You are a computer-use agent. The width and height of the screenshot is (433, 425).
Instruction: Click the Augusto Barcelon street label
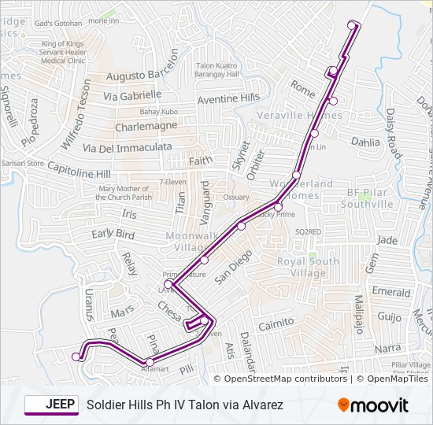(x=142, y=76)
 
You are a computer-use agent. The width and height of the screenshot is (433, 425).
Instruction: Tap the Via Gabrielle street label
(x=132, y=95)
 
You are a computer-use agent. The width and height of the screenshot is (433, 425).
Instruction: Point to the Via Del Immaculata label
(x=127, y=147)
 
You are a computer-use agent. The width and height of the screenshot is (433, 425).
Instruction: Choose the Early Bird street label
(x=113, y=234)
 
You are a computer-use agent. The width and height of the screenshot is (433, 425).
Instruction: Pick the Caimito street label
(x=276, y=323)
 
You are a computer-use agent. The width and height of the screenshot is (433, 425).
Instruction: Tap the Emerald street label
(x=391, y=291)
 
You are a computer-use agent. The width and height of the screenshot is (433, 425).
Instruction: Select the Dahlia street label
(x=365, y=142)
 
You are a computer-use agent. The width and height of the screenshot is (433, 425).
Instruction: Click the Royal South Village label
(x=309, y=268)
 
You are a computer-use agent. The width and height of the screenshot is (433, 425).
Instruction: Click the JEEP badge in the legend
(x=51, y=405)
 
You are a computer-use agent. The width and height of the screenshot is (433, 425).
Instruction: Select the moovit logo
(x=373, y=405)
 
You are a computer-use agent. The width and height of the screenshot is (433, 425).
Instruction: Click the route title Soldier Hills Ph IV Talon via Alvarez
(x=184, y=405)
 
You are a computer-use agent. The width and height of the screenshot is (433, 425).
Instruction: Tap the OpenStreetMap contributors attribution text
(x=285, y=379)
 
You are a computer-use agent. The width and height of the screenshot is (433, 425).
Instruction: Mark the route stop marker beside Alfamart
(x=149, y=362)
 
